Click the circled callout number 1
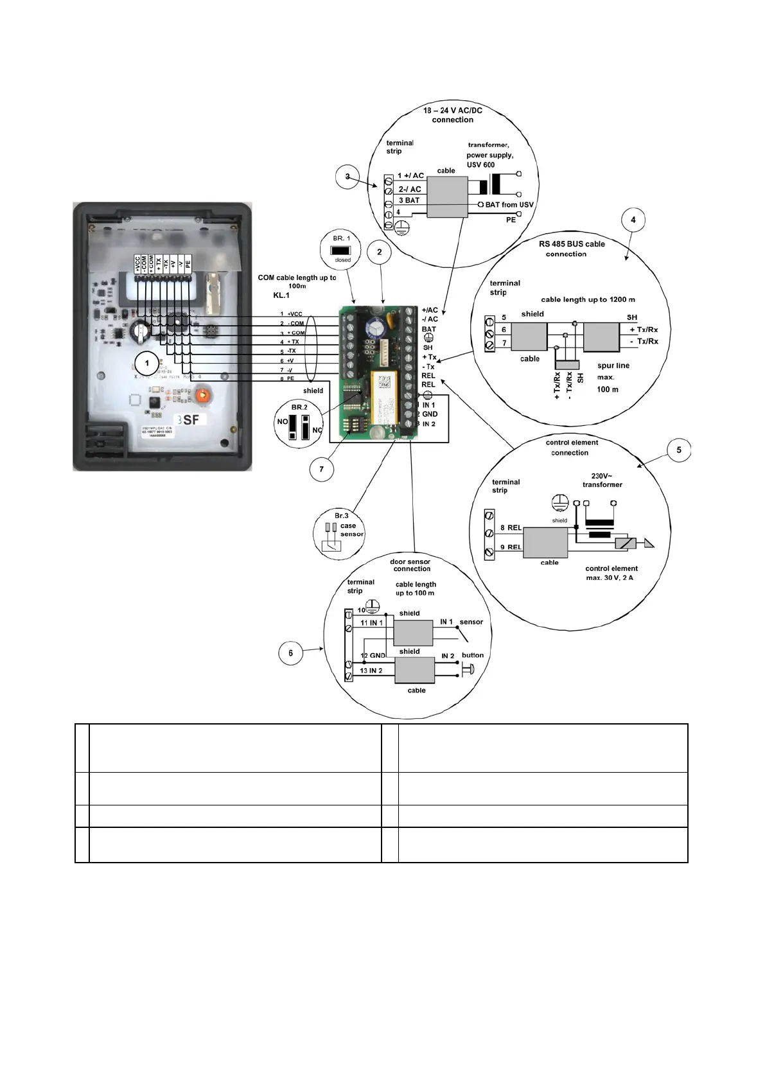[147, 364]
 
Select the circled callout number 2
[380, 252]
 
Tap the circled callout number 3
[347, 177]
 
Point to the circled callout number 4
[633, 220]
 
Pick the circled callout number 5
[679, 450]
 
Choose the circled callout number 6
[290, 653]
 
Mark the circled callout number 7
[322, 470]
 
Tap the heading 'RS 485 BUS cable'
[572, 244]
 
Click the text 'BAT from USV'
[509, 205]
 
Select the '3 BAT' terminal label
[409, 200]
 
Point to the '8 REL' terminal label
[511, 528]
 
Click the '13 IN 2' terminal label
[371, 671]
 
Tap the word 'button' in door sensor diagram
[473, 655]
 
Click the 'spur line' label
[613, 365]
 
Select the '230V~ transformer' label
[602, 480]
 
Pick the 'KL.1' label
[281, 295]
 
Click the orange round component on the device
[204, 394]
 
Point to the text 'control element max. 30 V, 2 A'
[611, 573]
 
